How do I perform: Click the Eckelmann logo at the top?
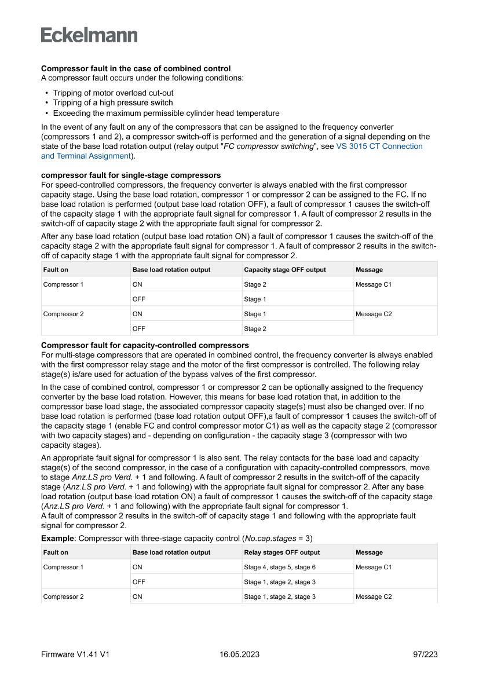point(89,35)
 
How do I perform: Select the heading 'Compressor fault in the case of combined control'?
point(136,68)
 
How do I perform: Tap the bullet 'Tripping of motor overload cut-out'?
point(113,93)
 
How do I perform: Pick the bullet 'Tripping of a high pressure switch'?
point(113,103)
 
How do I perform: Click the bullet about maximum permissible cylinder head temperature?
point(166,113)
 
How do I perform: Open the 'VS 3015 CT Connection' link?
point(379,146)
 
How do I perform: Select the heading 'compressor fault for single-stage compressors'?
point(131,175)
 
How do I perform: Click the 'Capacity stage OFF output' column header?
point(285,270)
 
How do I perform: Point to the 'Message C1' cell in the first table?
point(374,285)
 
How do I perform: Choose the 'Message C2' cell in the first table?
point(374,314)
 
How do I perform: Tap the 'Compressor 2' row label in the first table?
point(63,314)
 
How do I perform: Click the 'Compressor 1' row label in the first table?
point(63,285)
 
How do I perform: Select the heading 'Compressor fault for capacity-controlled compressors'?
point(145,345)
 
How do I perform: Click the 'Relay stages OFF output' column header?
point(281,552)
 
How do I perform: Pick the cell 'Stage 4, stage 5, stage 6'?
point(280,568)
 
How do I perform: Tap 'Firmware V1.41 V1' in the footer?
point(75,654)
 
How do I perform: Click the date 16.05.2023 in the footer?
point(239,654)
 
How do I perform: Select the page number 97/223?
point(425,654)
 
